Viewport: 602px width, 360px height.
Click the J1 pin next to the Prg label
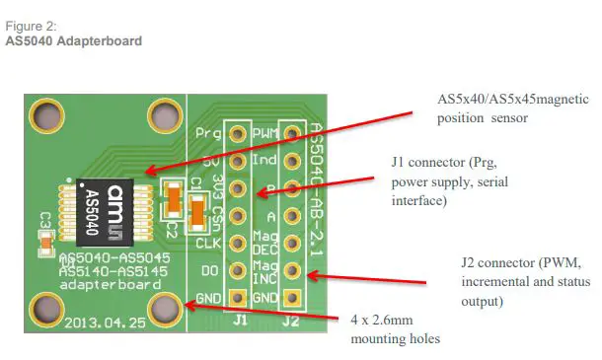[237, 131]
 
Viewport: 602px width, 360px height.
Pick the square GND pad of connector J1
[237, 298]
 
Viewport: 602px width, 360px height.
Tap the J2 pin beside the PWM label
[292, 131]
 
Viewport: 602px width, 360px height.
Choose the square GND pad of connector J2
[292, 298]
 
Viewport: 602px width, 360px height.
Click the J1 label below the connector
[238, 320]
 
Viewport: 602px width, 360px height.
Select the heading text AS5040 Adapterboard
[74, 41]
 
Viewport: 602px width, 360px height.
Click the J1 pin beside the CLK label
[237, 243]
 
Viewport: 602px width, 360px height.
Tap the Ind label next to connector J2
[263, 159]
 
